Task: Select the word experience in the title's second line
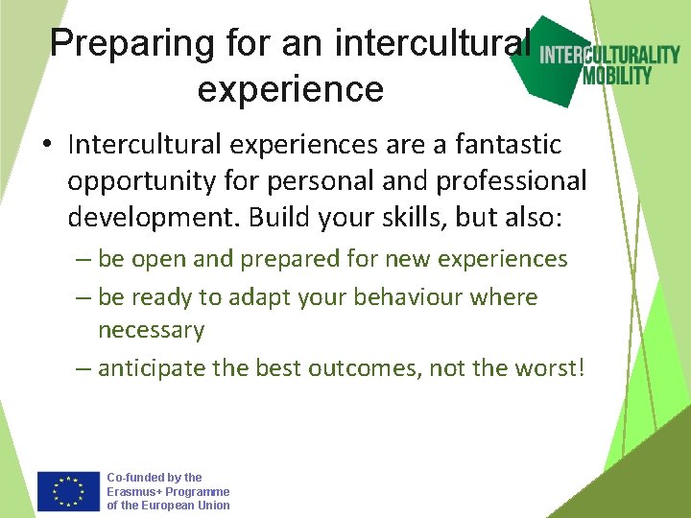290,89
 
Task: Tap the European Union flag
69,490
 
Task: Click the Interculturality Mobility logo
606,62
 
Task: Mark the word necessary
151,331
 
